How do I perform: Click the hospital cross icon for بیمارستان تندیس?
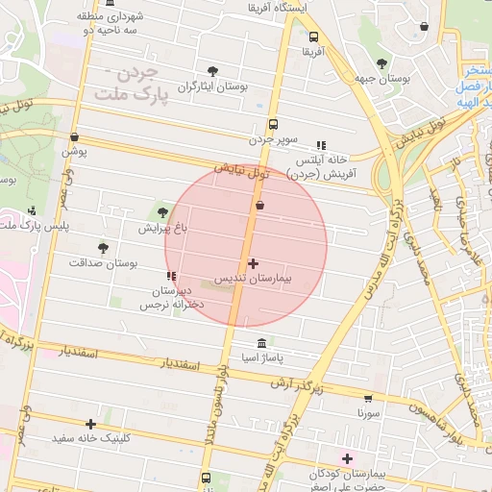click(253, 263)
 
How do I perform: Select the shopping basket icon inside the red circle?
click(259, 205)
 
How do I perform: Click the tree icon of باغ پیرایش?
click(161, 212)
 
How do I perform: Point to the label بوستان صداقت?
click(104, 262)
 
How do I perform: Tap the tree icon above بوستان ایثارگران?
click(212, 71)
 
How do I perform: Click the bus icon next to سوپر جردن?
click(274, 124)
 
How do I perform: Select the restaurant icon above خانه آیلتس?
click(320, 146)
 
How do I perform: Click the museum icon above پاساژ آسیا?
click(261, 344)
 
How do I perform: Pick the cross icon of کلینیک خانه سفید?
click(91, 424)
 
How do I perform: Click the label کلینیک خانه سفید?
click(91, 438)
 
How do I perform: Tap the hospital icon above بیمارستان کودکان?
click(348, 458)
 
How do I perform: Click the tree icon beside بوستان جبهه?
click(381, 63)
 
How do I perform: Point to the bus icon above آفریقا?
click(313, 37)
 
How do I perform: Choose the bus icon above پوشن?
click(74, 137)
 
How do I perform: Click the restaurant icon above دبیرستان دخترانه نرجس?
click(172, 277)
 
